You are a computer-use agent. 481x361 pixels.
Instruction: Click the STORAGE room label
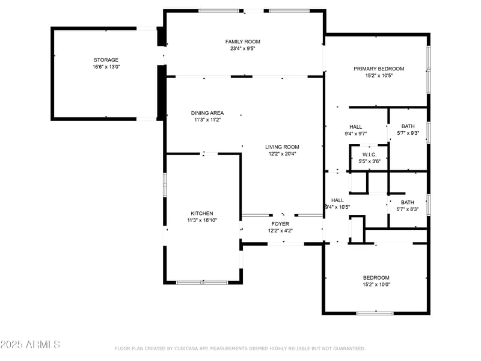pos(106,60)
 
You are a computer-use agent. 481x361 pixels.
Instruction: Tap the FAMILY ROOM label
pos(243,42)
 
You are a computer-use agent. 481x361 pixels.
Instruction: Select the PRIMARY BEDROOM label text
pos(379,69)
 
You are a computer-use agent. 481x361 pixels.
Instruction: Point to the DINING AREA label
pos(207,113)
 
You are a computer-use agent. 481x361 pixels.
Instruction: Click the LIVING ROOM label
pos(282,147)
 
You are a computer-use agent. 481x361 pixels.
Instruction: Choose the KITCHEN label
pos(202,214)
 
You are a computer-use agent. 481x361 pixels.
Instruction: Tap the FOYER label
pos(280,224)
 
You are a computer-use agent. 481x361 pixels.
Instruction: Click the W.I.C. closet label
pos(369,155)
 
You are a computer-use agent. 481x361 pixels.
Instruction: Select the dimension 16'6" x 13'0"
pos(106,67)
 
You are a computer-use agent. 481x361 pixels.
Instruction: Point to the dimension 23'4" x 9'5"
pos(243,48)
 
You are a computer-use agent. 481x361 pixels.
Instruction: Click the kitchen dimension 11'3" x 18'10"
pos(202,220)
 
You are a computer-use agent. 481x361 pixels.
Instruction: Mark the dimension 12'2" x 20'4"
pos(282,154)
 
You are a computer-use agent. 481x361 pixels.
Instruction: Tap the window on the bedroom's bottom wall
pos(375,313)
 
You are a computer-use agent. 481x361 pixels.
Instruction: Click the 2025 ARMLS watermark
pos(30,344)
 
